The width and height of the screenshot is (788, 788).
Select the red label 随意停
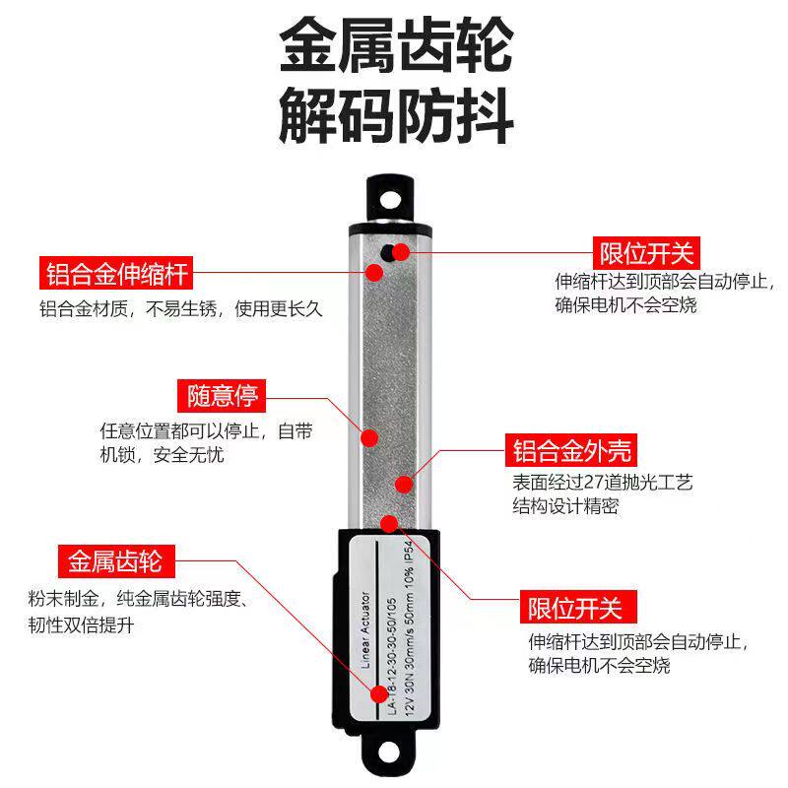pyautogui.click(x=223, y=396)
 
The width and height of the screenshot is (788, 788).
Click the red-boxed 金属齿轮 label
pyautogui.click(x=114, y=562)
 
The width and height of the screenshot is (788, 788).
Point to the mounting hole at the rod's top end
pyautogui.click(x=391, y=197)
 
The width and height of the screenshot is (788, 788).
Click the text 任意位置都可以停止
pyautogui.click(x=183, y=431)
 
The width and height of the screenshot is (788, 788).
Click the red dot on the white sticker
pyautogui.click(x=378, y=693)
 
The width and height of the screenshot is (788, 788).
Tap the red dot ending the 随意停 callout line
pyautogui.click(x=372, y=436)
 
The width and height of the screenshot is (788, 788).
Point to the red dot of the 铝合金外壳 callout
pyautogui.click(x=402, y=484)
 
